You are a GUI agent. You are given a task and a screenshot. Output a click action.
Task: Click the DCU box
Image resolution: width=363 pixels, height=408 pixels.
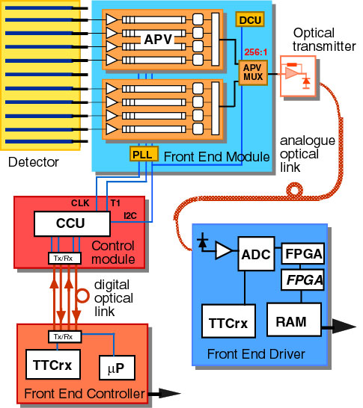click(x=250, y=19)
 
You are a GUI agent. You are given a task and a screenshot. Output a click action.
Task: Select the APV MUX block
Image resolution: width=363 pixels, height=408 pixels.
click(x=253, y=72)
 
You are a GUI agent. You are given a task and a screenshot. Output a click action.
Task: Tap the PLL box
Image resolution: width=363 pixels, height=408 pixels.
click(x=144, y=154)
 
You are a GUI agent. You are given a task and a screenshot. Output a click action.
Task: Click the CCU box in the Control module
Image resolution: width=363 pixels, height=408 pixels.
click(x=72, y=223)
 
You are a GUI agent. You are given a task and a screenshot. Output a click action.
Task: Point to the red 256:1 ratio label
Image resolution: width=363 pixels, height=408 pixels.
click(x=256, y=52)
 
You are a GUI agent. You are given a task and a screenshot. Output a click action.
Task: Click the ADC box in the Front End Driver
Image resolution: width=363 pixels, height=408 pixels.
click(x=256, y=254)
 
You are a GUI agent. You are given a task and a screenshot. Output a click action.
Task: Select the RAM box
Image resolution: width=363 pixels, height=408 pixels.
click(x=294, y=319)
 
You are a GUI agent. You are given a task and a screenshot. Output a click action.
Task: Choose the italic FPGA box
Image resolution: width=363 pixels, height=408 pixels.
click(x=303, y=280)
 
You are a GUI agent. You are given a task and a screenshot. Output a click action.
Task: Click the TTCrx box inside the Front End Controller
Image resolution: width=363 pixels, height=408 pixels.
click(x=53, y=365)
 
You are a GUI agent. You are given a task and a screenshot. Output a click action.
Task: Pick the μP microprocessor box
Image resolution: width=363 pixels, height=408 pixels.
click(x=118, y=368)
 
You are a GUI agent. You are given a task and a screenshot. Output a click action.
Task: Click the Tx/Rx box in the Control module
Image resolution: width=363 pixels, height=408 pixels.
click(x=64, y=258)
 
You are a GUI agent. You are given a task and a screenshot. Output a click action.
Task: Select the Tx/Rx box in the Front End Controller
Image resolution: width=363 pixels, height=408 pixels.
click(x=65, y=337)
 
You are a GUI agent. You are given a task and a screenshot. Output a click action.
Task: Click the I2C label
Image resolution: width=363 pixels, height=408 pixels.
click(x=130, y=216)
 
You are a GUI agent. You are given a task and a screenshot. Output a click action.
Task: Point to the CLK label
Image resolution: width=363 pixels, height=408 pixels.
click(x=80, y=203)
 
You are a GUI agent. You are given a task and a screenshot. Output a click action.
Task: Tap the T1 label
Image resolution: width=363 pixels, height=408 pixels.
click(x=115, y=203)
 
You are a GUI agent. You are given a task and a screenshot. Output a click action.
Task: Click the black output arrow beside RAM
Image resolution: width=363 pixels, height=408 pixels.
click(x=339, y=327)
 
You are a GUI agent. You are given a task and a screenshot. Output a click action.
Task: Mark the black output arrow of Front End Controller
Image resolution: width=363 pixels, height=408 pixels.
click(x=165, y=393)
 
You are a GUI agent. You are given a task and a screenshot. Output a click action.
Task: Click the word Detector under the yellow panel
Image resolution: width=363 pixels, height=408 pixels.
click(x=34, y=162)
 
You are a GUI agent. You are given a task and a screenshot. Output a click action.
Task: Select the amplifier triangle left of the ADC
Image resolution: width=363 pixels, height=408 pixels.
click(x=224, y=250)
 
